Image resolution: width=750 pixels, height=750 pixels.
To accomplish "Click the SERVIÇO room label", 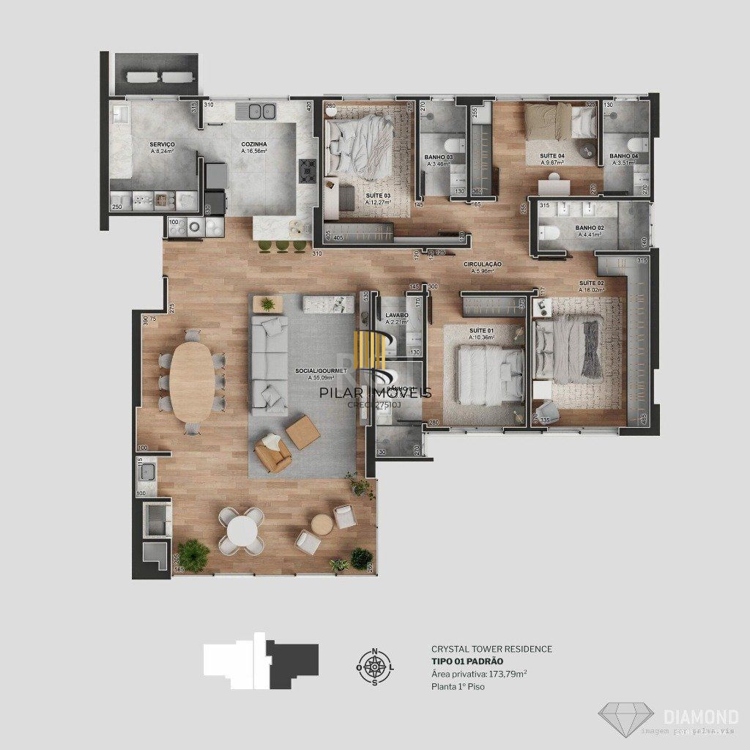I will tap(162, 145).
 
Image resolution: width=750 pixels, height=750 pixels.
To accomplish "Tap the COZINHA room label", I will tap(254, 145).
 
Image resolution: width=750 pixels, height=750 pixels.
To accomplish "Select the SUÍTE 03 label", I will tap(378, 196).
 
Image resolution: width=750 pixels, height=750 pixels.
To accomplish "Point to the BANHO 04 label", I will tap(624, 156).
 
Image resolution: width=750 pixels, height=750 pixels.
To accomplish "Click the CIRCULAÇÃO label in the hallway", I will tap(483, 264).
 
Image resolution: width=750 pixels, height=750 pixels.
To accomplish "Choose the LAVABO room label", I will tap(397, 316).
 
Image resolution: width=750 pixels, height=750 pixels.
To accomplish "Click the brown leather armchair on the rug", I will tap(273, 455).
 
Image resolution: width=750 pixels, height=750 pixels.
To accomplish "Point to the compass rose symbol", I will tap(375, 667).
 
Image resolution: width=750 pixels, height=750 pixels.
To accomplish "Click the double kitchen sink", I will tap(256, 112).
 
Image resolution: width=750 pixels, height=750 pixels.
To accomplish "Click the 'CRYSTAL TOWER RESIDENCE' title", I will tap(491, 649).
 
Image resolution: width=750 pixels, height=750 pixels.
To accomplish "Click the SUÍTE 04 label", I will tap(553, 156).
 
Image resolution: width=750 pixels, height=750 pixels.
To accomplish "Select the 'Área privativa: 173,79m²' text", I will tap(480, 674).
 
